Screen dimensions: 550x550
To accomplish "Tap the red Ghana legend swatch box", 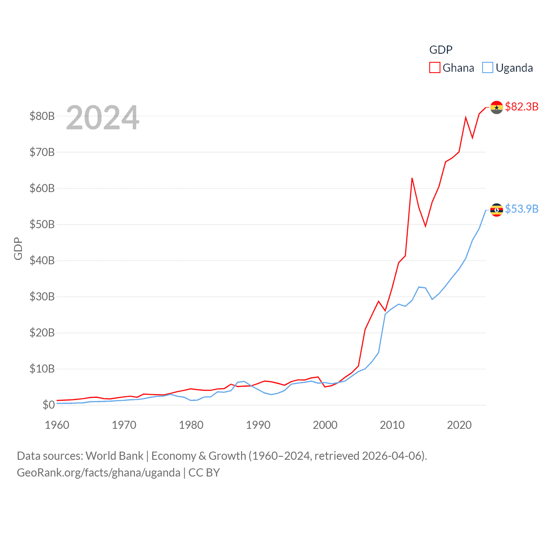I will [x=435, y=68].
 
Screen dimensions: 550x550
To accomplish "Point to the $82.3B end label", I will [x=522, y=107].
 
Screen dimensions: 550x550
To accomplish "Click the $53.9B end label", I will [x=522, y=209].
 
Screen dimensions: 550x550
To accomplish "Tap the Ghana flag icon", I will [x=496, y=107].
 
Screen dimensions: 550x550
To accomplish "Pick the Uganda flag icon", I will [x=496, y=210].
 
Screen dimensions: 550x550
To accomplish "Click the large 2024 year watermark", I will [x=102, y=117].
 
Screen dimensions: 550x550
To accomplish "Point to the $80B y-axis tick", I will [x=42, y=116].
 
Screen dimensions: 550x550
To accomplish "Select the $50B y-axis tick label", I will [x=42, y=224].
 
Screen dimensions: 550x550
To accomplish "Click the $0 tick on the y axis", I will [x=49, y=405].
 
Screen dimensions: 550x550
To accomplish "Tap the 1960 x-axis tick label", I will [x=57, y=425].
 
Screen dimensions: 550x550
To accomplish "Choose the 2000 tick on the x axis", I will [x=325, y=425].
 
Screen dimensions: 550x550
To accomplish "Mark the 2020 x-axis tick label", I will [x=459, y=425].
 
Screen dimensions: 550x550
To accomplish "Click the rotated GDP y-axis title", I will [x=18, y=248].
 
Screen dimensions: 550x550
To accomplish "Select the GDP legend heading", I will [x=441, y=50].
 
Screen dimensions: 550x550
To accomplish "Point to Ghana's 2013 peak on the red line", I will [x=412, y=178].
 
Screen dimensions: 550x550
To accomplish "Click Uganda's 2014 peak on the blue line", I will [x=419, y=287].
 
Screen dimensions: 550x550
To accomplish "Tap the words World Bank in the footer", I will [x=114, y=455].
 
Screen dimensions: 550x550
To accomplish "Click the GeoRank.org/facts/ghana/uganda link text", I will [x=98, y=473].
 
